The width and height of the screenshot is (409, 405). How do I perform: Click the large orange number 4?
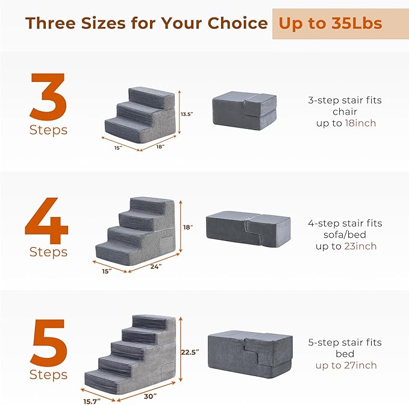pyautogui.click(x=46, y=217)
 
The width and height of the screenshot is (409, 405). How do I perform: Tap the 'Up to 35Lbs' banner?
pyautogui.click(x=329, y=24)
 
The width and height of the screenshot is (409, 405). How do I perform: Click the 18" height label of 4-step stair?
pyautogui.click(x=188, y=227)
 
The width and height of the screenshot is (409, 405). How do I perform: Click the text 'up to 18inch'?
pyautogui.click(x=345, y=123)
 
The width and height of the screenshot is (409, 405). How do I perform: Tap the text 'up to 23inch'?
pyautogui.click(x=345, y=246)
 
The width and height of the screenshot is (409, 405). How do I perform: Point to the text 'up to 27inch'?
pyautogui.click(x=345, y=365)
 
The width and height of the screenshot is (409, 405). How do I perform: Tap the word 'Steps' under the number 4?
pyautogui.click(x=48, y=252)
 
